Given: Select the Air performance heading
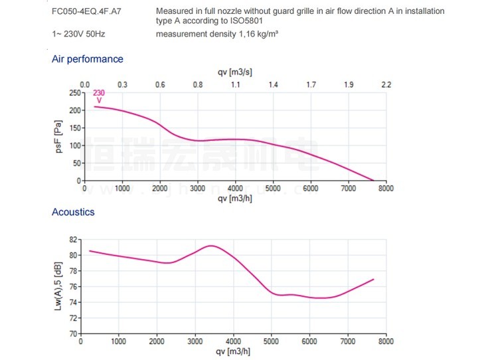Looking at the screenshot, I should (x=88, y=59).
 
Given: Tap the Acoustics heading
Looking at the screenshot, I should (x=73, y=213).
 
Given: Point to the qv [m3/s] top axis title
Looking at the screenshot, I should (x=234, y=72).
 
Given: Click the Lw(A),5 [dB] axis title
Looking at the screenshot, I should (x=58, y=286).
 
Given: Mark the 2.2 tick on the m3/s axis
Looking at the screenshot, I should (x=386, y=85).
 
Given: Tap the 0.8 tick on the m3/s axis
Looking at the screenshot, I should (x=198, y=85).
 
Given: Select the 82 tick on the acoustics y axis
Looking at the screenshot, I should (x=74, y=239).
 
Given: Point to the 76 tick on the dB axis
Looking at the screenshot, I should (x=74, y=286).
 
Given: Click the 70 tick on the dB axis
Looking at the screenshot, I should (x=74, y=333).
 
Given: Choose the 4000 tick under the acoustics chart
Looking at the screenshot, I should (x=232, y=342).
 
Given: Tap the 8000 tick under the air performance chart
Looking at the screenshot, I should (x=386, y=189).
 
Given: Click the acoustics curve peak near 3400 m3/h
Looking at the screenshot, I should (x=211, y=246).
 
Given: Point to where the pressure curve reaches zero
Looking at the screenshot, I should (x=374, y=181).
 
